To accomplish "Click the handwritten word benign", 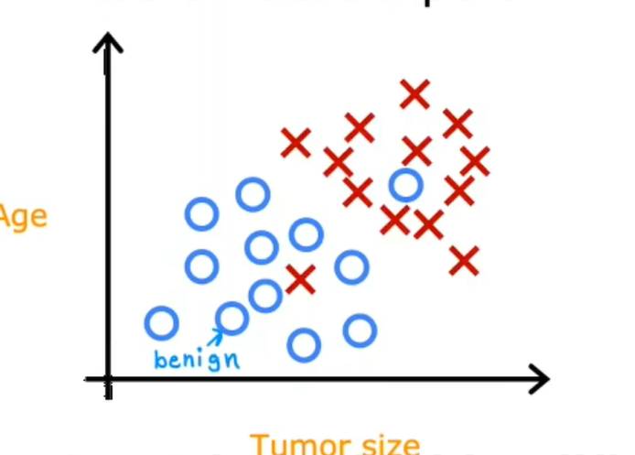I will (196, 359).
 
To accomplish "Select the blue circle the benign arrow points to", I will (232, 319).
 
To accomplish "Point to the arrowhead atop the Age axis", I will (108, 40).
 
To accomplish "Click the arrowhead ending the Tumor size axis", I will (540, 378).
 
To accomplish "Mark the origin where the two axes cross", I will (108, 378).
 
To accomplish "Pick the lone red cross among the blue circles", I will (299, 278).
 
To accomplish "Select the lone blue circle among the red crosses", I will (404, 186).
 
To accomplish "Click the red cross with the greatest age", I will (414, 93).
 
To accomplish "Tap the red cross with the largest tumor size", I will (475, 161).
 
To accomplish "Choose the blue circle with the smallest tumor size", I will (161, 322).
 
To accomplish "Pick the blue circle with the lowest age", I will (304, 345).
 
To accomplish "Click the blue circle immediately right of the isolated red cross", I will (351, 267).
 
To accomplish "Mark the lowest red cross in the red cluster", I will (464, 261).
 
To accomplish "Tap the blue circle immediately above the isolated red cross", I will (307, 234).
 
